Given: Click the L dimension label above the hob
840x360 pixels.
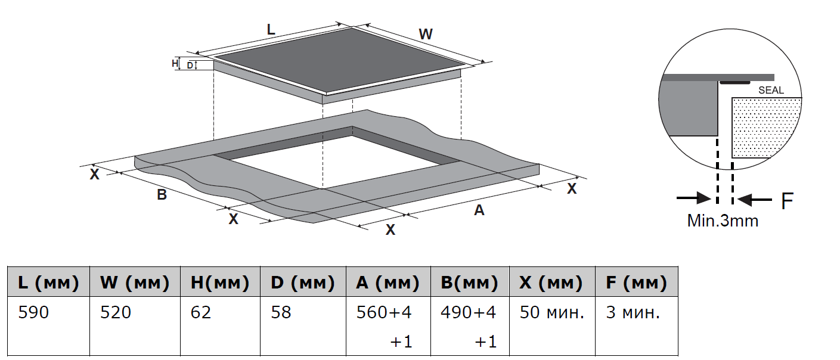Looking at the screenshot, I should click(271, 29).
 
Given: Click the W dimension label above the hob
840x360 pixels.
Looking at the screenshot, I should click(425, 35).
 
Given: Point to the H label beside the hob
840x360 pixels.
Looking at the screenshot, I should click(175, 63).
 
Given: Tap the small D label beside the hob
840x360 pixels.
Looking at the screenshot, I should click(190, 65).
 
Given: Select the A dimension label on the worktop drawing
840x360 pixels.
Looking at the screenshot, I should click(479, 210).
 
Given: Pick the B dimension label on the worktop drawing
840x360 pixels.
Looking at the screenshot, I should click(162, 194).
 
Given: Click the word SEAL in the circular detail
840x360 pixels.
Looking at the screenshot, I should click(771, 91).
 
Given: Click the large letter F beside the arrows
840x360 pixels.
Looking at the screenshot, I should click(787, 201).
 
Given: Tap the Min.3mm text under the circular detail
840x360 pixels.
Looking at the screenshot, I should click(723, 221).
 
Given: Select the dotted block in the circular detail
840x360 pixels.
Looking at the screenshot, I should click(765, 126).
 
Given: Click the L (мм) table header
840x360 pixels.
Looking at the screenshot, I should click(48, 283).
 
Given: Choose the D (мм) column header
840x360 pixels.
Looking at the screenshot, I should click(302, 283).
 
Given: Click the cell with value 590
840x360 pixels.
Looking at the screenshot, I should click(33, 312).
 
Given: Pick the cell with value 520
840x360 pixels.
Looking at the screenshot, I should click(116, 312).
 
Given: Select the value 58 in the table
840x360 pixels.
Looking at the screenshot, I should click(281, 312).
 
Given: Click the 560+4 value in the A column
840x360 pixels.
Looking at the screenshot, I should click(384, 312).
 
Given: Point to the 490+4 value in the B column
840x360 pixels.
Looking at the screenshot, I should click(469, 312).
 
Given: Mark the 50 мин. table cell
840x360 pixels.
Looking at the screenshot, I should click(551, 312).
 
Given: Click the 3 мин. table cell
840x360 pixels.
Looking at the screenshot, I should click(633, 312).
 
